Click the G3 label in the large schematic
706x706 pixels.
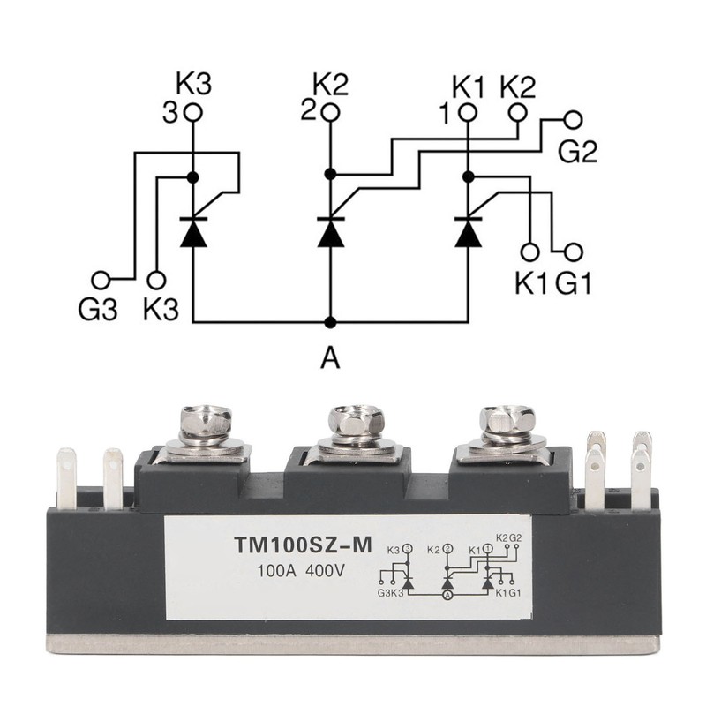[96, 312]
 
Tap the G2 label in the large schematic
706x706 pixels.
[578, 151]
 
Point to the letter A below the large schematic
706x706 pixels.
[330, 357]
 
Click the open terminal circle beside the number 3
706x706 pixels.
[193, 113]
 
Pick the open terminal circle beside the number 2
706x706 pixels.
[330, 113]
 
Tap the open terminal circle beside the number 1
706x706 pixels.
[468, 113]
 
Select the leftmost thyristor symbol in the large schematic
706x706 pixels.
[193, 232]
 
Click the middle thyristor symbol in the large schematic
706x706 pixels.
[330, 232]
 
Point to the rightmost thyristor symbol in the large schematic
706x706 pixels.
[468, 232]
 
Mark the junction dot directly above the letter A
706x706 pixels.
[330, 321]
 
